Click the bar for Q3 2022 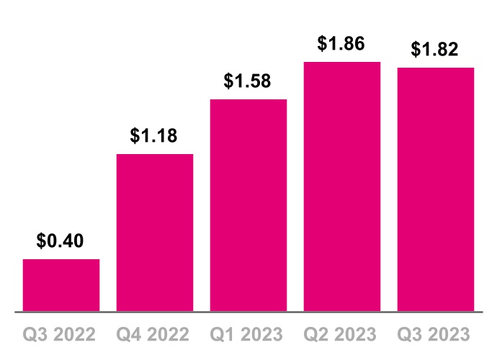[61, 285]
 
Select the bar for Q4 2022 [155, 233]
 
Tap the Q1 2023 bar [248, 205]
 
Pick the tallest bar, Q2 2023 [342, 186]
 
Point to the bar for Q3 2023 [436, 189]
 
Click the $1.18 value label [155, 135]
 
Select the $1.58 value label [248, 81]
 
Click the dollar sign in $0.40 [42, 240]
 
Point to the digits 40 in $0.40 [73, 240]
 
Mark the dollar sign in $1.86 [323, 43]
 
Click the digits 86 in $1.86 [354, 43]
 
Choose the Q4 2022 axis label [155, 335]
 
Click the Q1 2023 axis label [248, 335]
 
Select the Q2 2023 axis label [342, 335]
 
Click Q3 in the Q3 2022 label [35, 335]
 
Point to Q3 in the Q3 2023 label [410, 335]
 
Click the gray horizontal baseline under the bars [248, 312]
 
